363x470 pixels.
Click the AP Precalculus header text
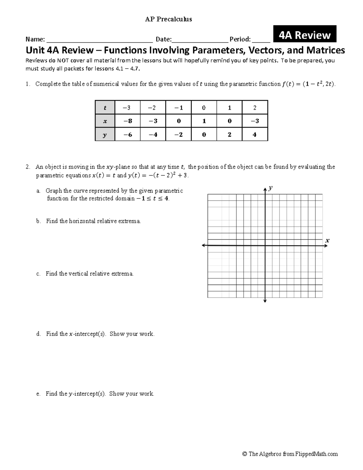[x=168, y=19]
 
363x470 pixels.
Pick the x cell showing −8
[x=128, y=121]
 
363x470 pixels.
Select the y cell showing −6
[x=128, y=135]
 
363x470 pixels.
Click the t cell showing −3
[x=128, y=108]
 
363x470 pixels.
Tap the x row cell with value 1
[x=204, y=121]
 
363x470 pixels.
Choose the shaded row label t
[x=105, y=108]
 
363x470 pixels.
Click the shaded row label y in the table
[x=105, y=135]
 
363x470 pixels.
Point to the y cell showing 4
[x=255, y=135]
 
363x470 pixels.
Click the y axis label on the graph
[x=270, y=188]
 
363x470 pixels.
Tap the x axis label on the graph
[x=327, y=241]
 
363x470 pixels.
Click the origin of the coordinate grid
[x=265, y=245]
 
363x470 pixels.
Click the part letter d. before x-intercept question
[x=38, y=334]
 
